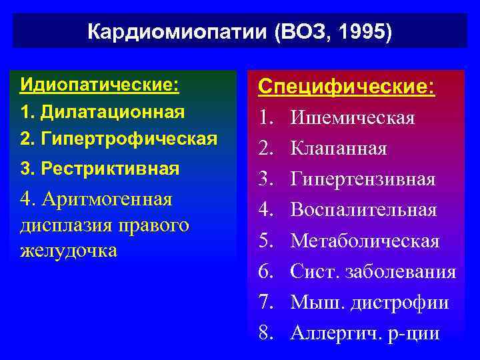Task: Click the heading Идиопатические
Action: point(99,86)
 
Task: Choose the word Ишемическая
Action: point(353,119)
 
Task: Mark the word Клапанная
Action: point(338,149)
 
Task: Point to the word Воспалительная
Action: point(363,211)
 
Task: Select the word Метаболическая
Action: point(365,241)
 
